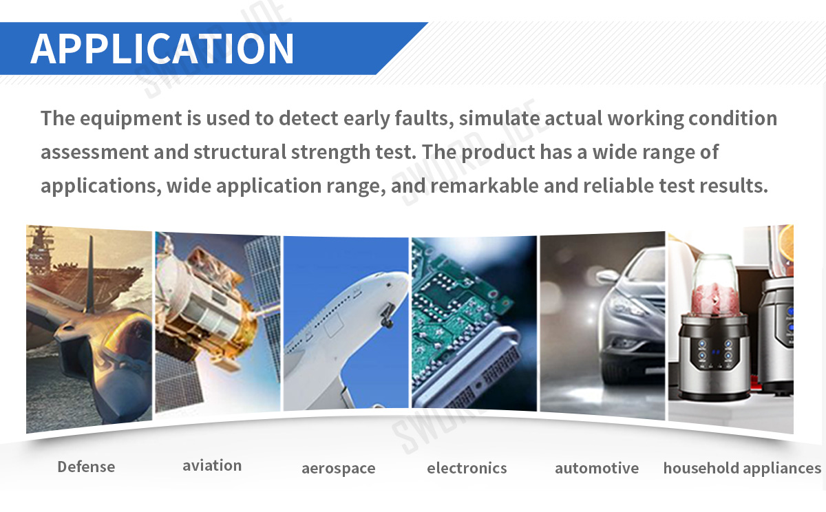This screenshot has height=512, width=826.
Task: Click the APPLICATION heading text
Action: [x=162, y=48]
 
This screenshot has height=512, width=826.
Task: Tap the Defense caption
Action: [x=86, y=467]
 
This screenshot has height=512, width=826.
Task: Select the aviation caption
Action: [x=212, y=466]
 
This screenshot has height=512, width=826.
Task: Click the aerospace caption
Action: [x=339, y=469]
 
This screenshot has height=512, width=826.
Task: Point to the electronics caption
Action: [x=467, y=468]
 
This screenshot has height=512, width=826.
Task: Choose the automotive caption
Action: [x=597, y=468]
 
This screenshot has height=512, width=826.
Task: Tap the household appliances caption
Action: [x=742, y=468]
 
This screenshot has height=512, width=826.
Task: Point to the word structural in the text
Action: [x=240, y=152]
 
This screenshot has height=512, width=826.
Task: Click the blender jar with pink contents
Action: [x=715, y=285]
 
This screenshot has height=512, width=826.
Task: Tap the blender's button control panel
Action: [x=714, y=353]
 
